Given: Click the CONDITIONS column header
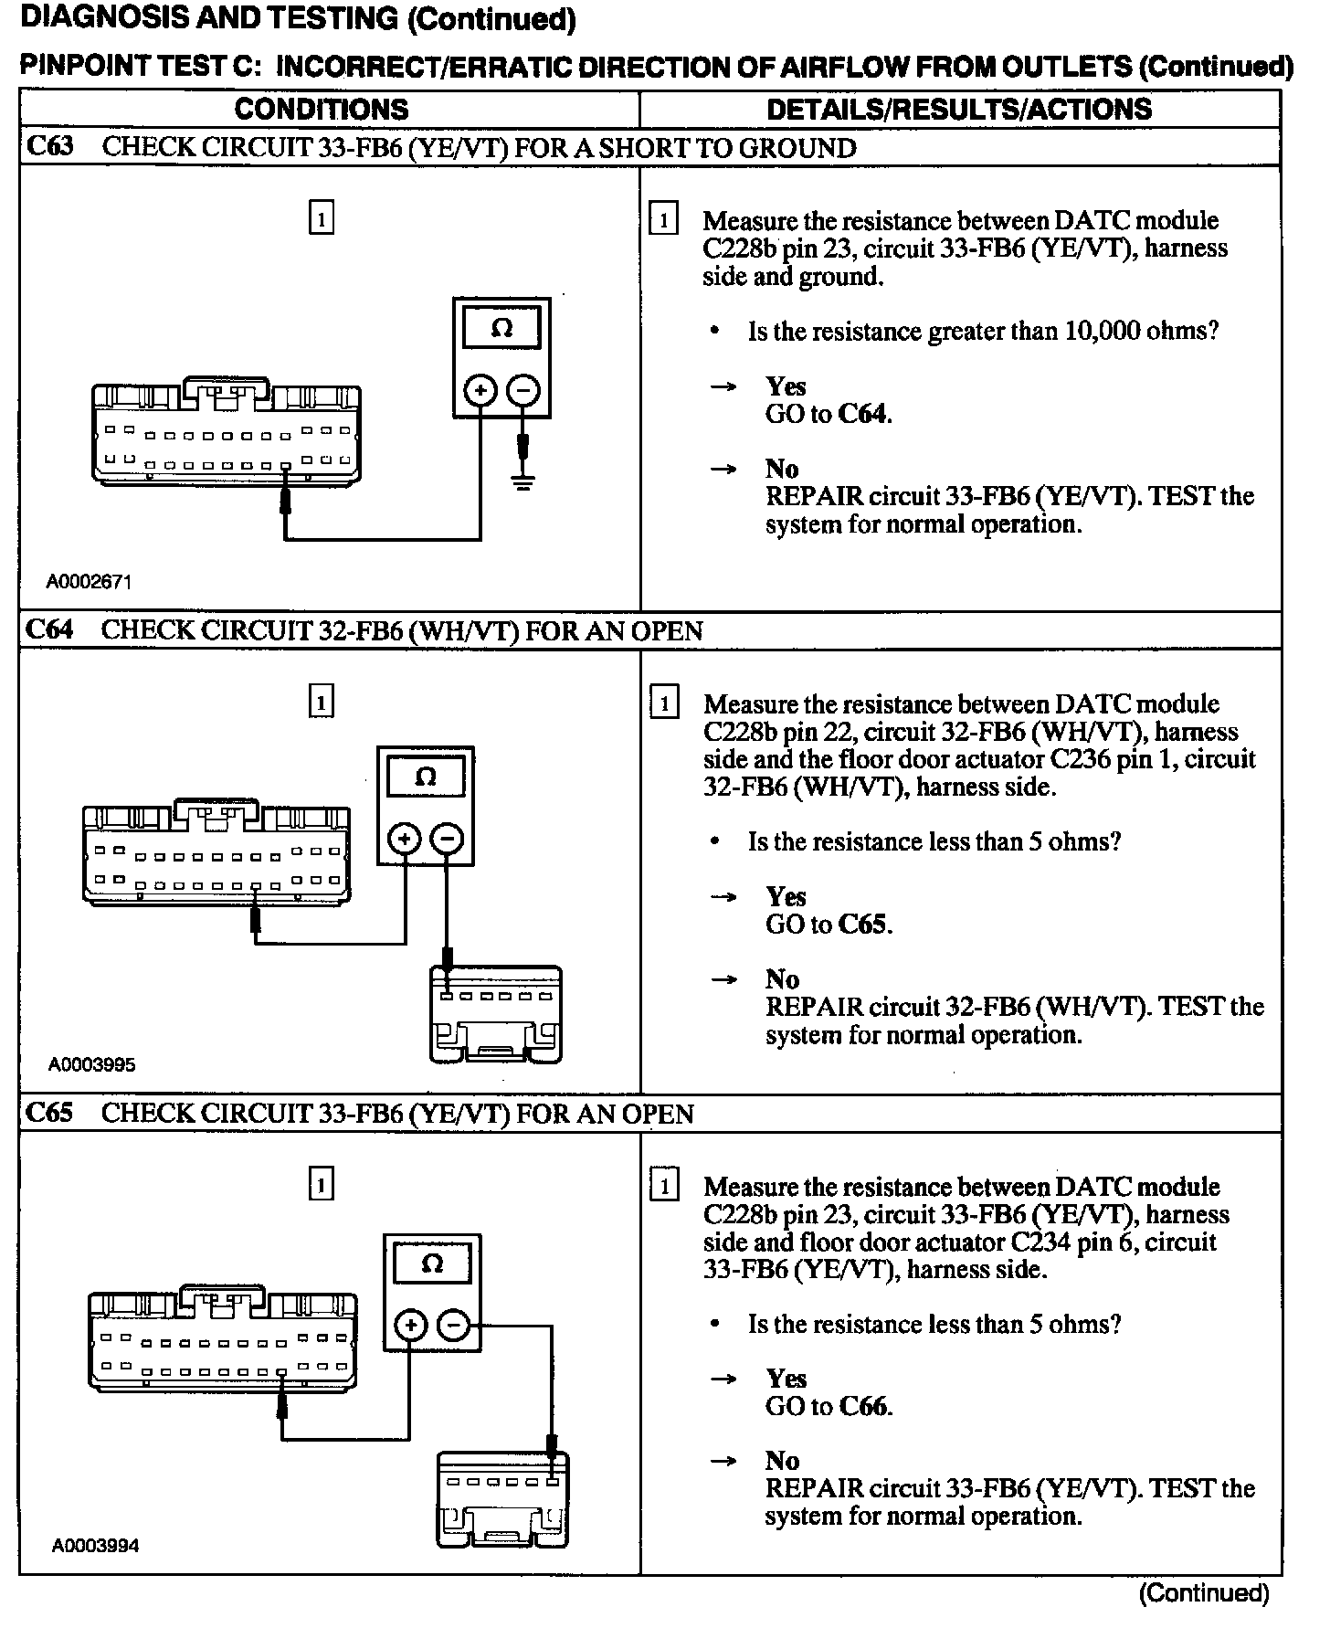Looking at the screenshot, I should point(322,110).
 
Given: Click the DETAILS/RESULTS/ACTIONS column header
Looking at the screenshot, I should point(959,110).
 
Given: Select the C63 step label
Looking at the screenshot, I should point(50,147).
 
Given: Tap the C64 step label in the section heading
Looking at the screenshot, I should point(50,630).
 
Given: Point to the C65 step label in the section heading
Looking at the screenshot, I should point(50,1113).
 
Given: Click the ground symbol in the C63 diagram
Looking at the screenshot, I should point(522,481).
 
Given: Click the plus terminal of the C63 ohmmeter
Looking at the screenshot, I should point(480,391).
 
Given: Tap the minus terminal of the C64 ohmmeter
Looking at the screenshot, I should point(447,838).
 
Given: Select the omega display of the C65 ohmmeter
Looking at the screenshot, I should point(432,1265).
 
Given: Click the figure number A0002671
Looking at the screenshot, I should point(90,582).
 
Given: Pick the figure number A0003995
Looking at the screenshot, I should point(91,1064).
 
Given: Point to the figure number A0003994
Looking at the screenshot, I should point(95,1546).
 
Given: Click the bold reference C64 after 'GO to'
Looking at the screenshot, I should point(862,414).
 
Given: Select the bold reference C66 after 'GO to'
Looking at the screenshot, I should point(863,1406).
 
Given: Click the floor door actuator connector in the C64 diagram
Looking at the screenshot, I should point(496,1014).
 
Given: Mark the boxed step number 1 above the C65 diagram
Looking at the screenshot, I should point(322,1185).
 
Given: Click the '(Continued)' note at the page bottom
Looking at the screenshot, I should point(1204,1594).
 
